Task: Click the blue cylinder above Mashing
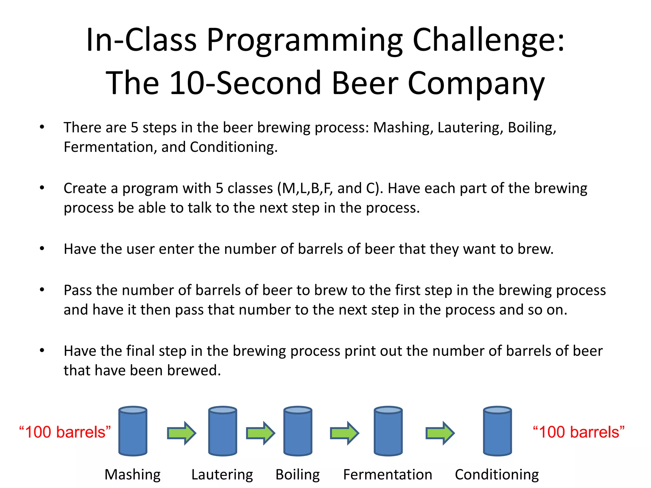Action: [133, 431]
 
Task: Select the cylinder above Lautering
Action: [223, 431]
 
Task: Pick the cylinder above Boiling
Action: [298, 431]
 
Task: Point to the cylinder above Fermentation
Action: [388, 431]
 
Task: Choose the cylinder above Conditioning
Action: [497, 431]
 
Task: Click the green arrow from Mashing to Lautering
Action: [182, 433]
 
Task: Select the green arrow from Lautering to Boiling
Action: [260, 433]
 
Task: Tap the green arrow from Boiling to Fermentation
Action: [345, 433]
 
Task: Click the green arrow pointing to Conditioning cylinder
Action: [440, 433]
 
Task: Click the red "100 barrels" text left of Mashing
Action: [65, 432]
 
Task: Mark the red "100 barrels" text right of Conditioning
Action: [579, 432]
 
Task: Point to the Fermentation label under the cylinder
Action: [387, 475]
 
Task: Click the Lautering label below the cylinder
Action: [222, 475]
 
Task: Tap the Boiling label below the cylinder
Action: [298, 475]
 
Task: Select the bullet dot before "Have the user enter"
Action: [42, 248]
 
